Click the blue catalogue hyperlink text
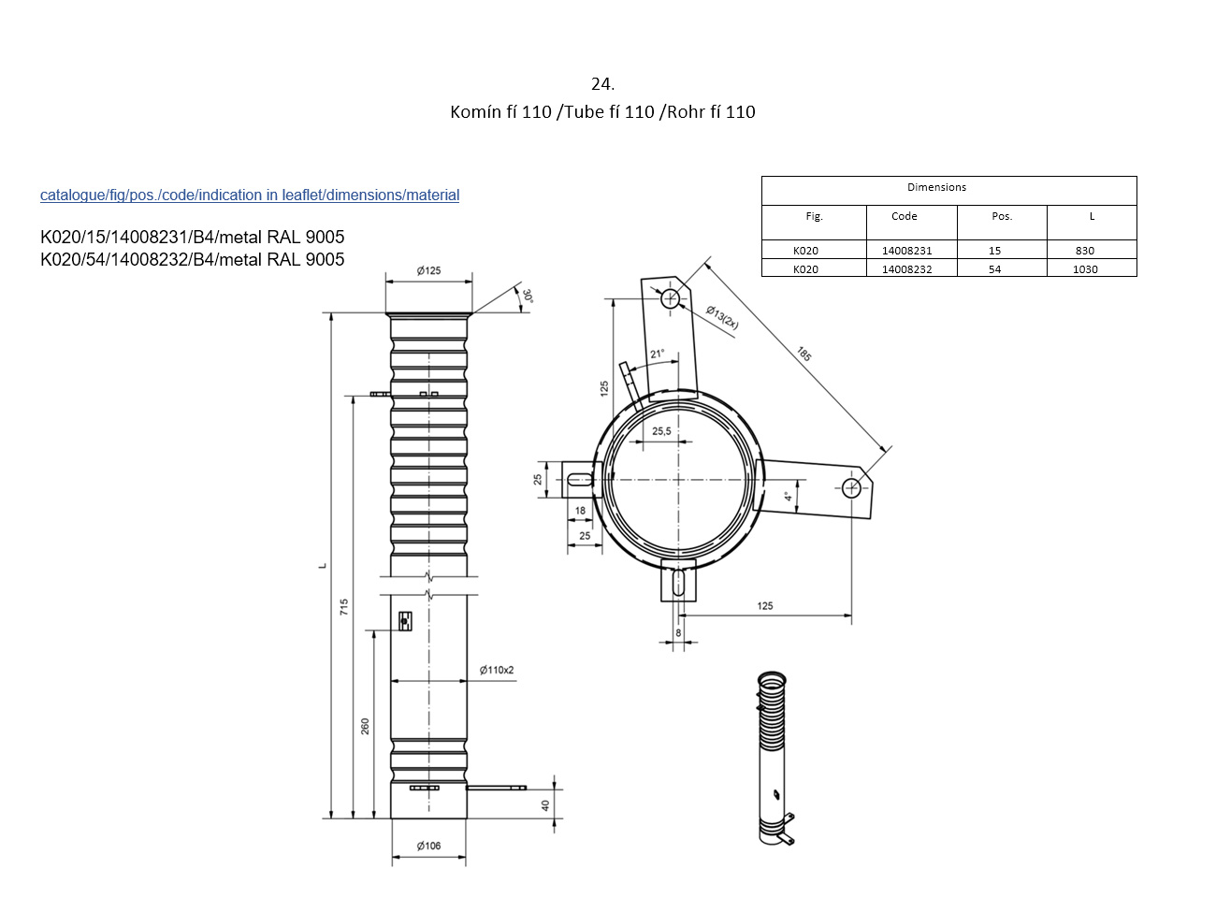[250, 195]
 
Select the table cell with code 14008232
[906, 269]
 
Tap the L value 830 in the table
[1084, 251]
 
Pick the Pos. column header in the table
[1001, 216]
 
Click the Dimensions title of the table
[936, 187]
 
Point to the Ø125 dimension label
[428, 270]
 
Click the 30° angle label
[528, 297]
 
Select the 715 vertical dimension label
[344, 607]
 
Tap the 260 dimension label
[365, 727]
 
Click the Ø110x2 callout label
[496, 670]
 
